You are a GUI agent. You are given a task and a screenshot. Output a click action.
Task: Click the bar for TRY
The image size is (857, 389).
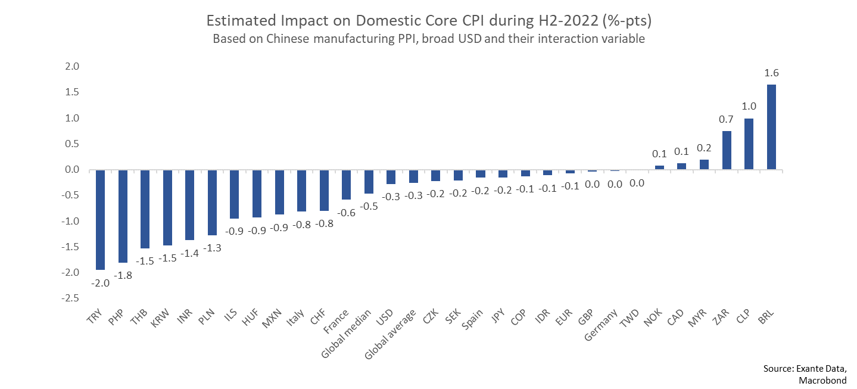[100, 219]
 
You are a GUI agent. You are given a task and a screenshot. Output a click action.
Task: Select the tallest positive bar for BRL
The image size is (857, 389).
[771, 127]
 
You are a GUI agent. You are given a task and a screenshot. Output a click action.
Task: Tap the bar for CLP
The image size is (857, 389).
[749, 144]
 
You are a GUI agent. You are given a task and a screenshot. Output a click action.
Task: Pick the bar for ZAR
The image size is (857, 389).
[727, 150]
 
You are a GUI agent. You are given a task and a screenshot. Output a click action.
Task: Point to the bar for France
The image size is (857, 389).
[346, 185]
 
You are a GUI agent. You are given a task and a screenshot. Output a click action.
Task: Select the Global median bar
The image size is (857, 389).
[369, 182]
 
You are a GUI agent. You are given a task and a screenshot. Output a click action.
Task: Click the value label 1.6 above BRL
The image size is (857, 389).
[771, 73]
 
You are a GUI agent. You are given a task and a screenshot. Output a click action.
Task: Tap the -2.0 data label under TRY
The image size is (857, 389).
[100, 283]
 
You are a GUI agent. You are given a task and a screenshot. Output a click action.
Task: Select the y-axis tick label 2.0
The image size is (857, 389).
[72, 67]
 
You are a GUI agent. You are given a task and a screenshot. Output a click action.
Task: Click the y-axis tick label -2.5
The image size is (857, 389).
[70, 298]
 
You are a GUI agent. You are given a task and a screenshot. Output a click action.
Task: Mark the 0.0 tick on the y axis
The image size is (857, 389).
[72, 170]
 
